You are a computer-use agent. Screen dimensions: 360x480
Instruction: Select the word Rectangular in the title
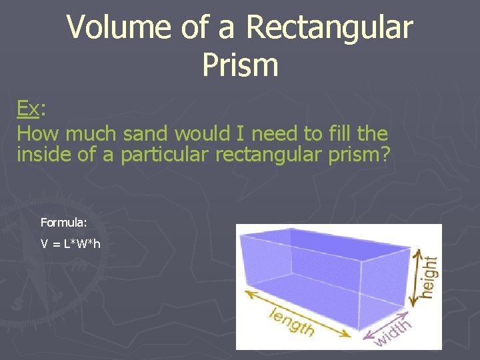[329, 28]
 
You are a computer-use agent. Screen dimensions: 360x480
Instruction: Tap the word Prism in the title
[239, 65]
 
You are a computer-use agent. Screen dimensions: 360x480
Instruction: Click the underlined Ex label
[28, 108]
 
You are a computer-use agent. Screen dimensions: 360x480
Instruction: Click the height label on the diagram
[431, 277]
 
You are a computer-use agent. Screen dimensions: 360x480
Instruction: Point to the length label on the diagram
[291, 322]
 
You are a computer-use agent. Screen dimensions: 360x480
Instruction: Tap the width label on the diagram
[393, 332]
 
